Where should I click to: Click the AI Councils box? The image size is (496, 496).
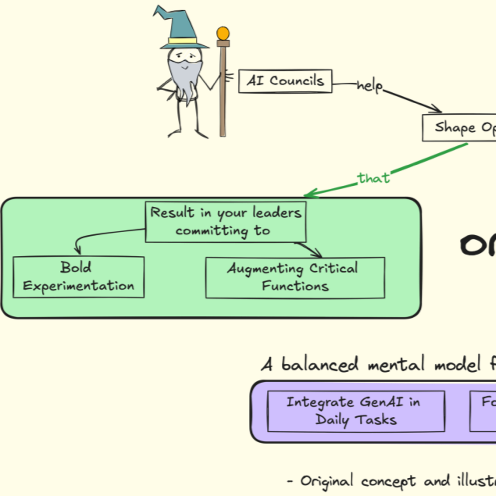[285, 81]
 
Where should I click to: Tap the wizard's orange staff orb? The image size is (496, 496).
[223, 33]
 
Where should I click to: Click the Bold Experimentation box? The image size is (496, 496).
[79, 277]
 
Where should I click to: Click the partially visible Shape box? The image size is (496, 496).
[460, 128]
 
